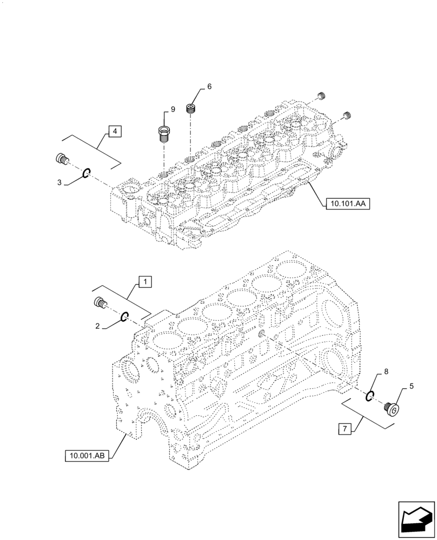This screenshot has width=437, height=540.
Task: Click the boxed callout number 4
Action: [115, 131]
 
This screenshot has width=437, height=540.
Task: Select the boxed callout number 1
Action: [144, 281]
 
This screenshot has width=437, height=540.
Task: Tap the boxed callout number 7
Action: [343, 429]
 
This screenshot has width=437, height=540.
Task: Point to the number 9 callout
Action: [173, 110]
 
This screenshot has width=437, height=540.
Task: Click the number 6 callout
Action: [209, 87]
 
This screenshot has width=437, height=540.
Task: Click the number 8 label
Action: [386, 372]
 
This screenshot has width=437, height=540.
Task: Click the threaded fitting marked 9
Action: [164, 133]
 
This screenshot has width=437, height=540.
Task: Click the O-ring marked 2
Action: [124, 317]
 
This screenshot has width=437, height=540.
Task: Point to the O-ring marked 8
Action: [369, 396]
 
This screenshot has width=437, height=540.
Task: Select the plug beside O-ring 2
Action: [100, 303]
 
